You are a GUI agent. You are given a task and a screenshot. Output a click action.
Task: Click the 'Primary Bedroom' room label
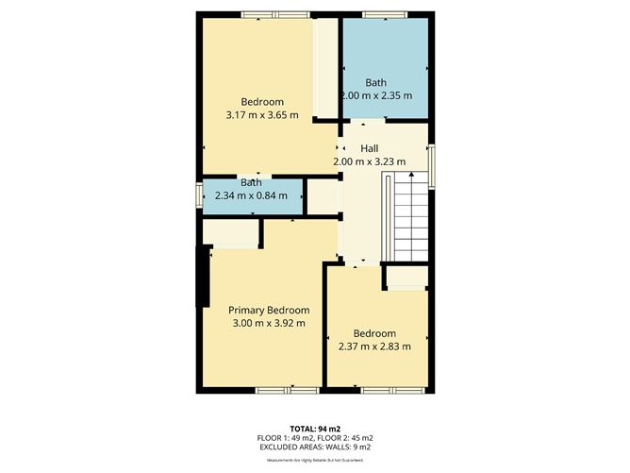[x=269, y=310]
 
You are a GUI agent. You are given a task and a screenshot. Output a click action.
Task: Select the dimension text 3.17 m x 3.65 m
[x=262, y=115]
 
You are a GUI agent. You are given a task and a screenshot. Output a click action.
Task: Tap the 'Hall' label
[x=370, y=148]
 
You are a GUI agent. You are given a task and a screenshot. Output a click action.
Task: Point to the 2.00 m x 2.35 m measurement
[x=376, y=95]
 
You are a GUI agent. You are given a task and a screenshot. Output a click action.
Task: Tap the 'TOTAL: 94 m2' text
[x=315, y=428]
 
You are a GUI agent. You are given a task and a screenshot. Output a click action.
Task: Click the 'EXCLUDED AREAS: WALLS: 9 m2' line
[x=315, y=447]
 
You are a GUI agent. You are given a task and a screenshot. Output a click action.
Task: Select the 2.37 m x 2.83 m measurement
[x=374, y=346]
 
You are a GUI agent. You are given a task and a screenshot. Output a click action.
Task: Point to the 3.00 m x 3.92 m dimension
[x=269, y=323]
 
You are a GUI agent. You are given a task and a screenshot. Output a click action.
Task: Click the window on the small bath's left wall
[x=198, y=194]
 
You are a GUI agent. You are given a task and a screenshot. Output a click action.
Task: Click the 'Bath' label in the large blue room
[x=376, y=82]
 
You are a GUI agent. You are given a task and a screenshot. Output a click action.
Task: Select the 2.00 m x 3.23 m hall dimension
[x=370, y=161]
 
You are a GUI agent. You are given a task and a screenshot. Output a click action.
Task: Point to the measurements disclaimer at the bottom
[x=315, y=459]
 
